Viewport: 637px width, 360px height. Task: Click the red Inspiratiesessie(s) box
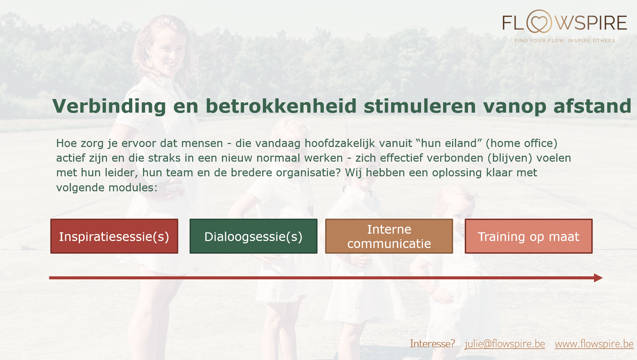(114, 236)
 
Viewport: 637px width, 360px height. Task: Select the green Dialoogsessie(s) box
(254, 236)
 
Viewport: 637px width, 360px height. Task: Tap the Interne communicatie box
(389, 236)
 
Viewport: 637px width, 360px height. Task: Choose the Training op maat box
(529, 236)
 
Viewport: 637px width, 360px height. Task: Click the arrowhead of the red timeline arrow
(598, 278)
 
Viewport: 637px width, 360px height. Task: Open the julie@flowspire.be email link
(505, 344)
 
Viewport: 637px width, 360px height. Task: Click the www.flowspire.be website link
(594, 344)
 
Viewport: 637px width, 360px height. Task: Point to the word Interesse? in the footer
(432, 344)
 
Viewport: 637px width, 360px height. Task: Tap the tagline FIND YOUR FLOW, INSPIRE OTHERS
(565, 41)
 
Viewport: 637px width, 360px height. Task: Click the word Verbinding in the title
(109, 106)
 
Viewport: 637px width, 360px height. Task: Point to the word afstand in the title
(592, 106)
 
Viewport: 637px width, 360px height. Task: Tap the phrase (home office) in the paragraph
(521, 143)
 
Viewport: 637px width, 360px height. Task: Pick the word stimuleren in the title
(420, 106)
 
